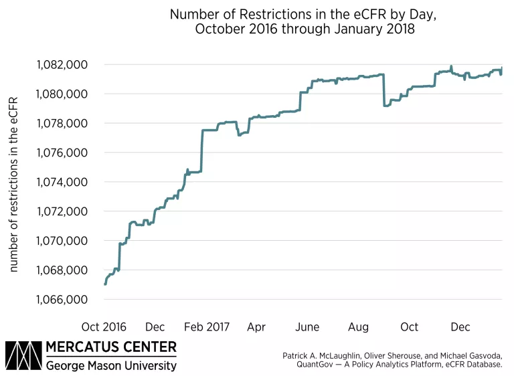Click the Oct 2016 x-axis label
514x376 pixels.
pos(104,326)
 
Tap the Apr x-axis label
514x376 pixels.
pos(256,326)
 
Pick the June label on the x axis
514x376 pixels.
pos(307,326)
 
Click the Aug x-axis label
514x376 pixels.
pos(358,326)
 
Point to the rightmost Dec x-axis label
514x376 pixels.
pos(460,326)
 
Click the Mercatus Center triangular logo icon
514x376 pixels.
pos(23,356)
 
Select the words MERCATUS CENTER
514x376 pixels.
pos(112,347)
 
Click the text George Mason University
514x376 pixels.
pos(112,365)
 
